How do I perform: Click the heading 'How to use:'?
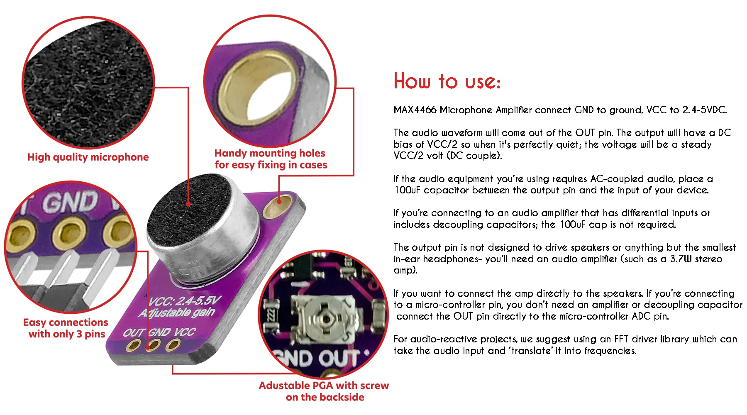447,81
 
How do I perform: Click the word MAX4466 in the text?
415,110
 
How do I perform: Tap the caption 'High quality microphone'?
88,157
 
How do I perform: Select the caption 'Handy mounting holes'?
270,154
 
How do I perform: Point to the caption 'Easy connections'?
66,322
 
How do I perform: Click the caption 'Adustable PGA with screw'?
324,386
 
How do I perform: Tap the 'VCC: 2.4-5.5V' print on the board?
185,301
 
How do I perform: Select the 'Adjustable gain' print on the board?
177,313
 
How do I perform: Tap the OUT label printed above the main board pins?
133,333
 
